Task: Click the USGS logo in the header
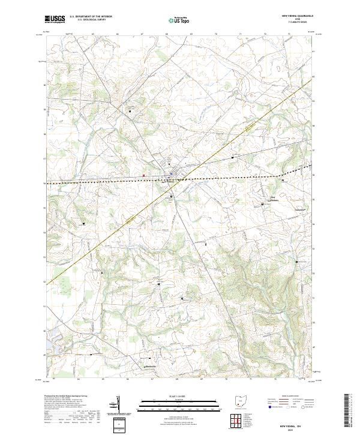pyautogui.click(x=55, y=20)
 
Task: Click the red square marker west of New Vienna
pyautogui.click(x=144, y=176)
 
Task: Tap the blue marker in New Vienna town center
pyautogui.click(x=171, y=175)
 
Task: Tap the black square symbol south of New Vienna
pyautogui.click(x=171, y=196)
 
